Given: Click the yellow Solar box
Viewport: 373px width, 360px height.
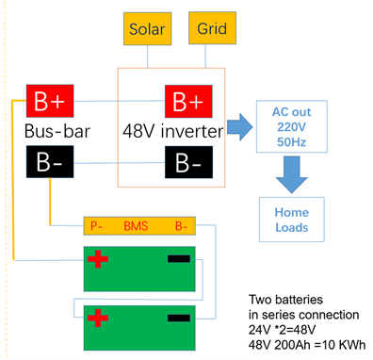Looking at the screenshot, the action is (147, 28).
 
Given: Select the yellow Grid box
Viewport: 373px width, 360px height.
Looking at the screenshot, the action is (212, 28).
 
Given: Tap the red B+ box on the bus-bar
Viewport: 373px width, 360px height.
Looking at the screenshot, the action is (50, 101).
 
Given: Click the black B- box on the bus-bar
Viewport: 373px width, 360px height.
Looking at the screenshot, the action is (50, 161).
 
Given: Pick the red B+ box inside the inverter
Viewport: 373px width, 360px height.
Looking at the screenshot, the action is (188, 101).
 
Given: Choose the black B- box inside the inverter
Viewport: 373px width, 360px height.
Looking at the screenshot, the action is (188, 162).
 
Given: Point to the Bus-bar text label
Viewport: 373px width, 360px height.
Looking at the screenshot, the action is (57, 131).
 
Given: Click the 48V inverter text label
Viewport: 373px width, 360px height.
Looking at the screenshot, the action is (173, 131).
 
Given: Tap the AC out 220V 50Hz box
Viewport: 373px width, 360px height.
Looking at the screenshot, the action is (292, 126).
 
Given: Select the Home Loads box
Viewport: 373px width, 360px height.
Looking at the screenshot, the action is (292, 220).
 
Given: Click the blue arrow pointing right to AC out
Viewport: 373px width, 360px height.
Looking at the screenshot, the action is (240, 127).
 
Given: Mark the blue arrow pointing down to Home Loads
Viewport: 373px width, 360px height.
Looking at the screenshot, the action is (292, 174).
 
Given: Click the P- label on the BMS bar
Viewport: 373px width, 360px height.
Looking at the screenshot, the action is (96, 226).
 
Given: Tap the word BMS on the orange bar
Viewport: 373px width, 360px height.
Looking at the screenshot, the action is (136, 226).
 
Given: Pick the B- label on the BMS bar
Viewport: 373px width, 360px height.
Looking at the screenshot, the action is (181, 226).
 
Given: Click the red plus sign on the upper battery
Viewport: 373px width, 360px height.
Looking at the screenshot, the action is (98, 259).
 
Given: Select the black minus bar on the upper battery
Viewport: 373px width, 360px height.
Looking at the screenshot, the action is (179, 259).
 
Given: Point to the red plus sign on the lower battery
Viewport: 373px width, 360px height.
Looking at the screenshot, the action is (98, 318).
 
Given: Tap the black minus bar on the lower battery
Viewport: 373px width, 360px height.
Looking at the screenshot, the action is (179, 318).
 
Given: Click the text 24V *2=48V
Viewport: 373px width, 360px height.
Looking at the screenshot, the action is (282, 330).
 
